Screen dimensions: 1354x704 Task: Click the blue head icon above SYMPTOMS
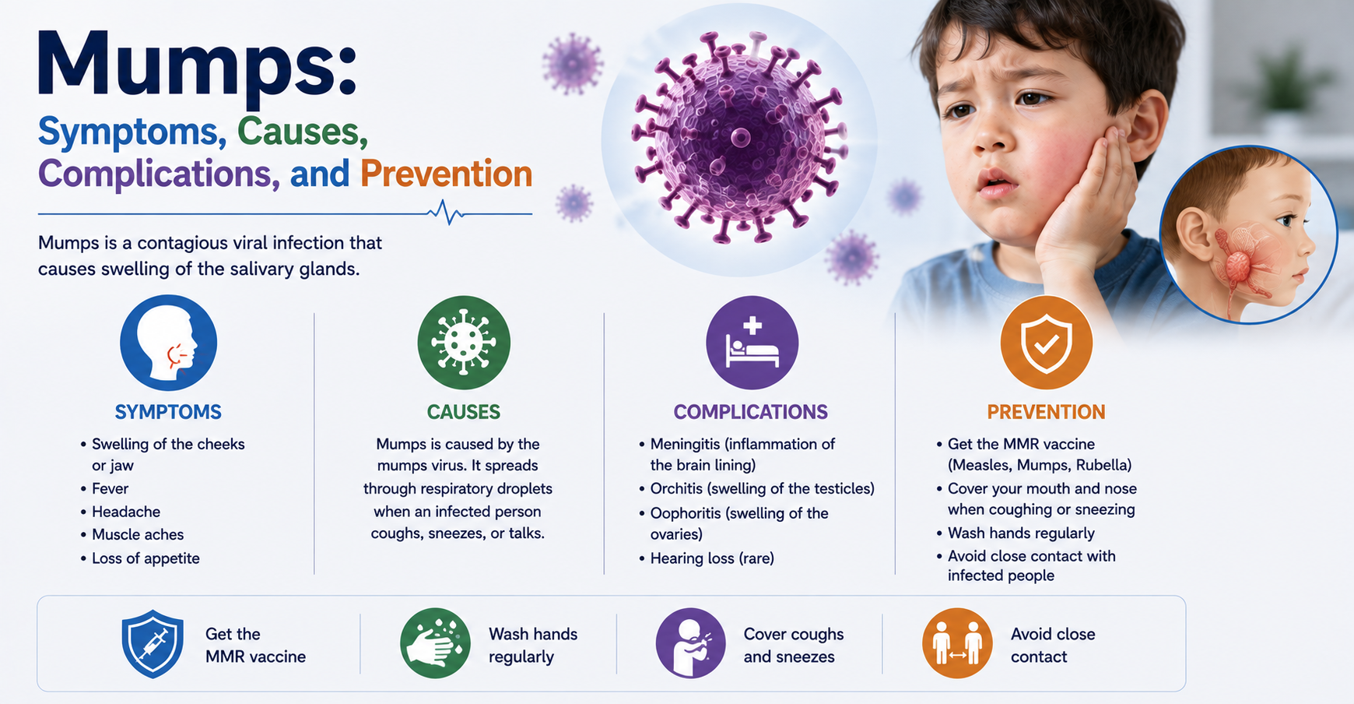click(168, 343)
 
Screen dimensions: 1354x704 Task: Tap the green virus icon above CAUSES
click(464, 343)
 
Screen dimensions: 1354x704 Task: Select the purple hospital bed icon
click(752, 343)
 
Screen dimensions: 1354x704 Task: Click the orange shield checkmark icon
click(1046, 343)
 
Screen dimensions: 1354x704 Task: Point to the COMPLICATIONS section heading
click(750, 412)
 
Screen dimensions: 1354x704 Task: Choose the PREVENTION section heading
click(1046, 412)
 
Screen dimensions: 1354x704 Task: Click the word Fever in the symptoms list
click(110, 488)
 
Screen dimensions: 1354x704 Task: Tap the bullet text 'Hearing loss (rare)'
click(712, 558)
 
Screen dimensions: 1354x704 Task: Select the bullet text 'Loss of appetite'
click(146, 558)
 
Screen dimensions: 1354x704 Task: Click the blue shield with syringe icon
click(153, 643)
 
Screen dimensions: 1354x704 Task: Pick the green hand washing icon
click(435, 643)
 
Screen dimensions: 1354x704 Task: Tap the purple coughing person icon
click(691, 643)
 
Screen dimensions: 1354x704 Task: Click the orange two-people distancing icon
click(957, 643)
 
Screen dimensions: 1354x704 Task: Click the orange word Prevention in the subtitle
click(446, 174)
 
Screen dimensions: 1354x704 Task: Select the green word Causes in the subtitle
click(302, 131)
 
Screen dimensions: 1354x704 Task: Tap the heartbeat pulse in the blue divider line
click(447, 212)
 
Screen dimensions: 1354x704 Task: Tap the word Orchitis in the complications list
click(675, 488)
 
